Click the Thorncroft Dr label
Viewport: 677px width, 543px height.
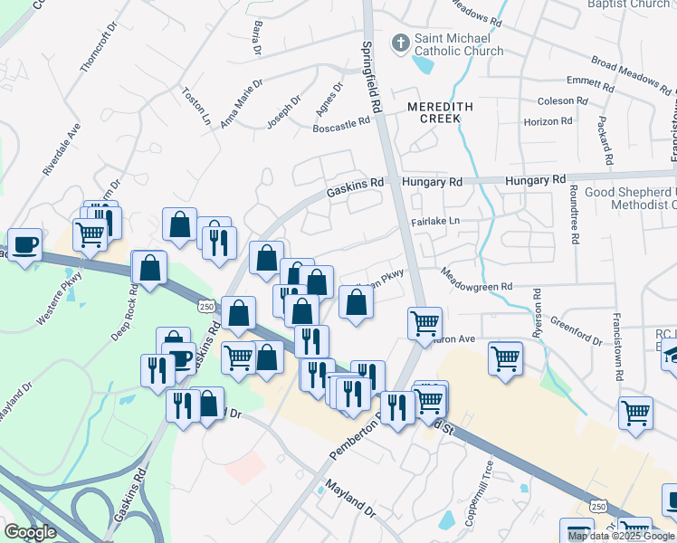coord(99,45)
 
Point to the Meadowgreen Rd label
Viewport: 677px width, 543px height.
coord(476,280)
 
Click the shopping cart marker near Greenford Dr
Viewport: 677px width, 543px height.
coord(505,357)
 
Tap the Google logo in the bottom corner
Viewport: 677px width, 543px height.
coord(29,532)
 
